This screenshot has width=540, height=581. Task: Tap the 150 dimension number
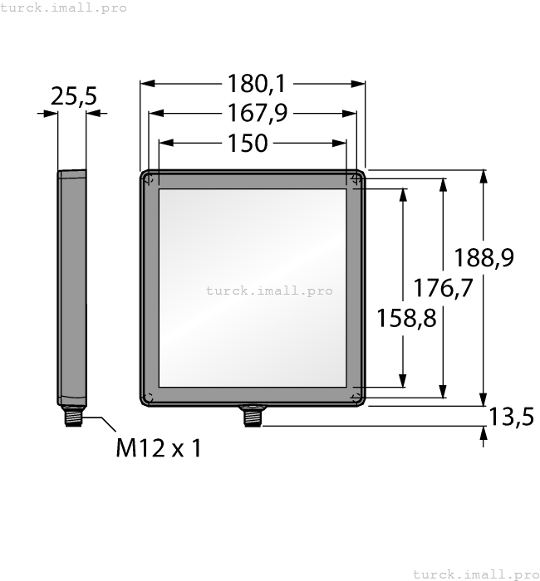tap(248, 143)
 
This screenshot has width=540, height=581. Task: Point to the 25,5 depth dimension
tap(73, 96)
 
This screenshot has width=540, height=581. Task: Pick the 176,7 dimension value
tap(443, 287)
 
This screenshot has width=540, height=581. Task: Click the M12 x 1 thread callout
tap(158, 448)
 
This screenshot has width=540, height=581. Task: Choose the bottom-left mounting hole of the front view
tap(149, 397)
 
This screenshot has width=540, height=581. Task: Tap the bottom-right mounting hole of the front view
tap(356, 398)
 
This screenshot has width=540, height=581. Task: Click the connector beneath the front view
tap(250, 416)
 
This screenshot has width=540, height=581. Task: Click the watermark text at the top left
tap(64, 7)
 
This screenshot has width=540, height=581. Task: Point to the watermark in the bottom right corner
tap(475, 574)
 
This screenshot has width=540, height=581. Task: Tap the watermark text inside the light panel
tap(268, 290)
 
